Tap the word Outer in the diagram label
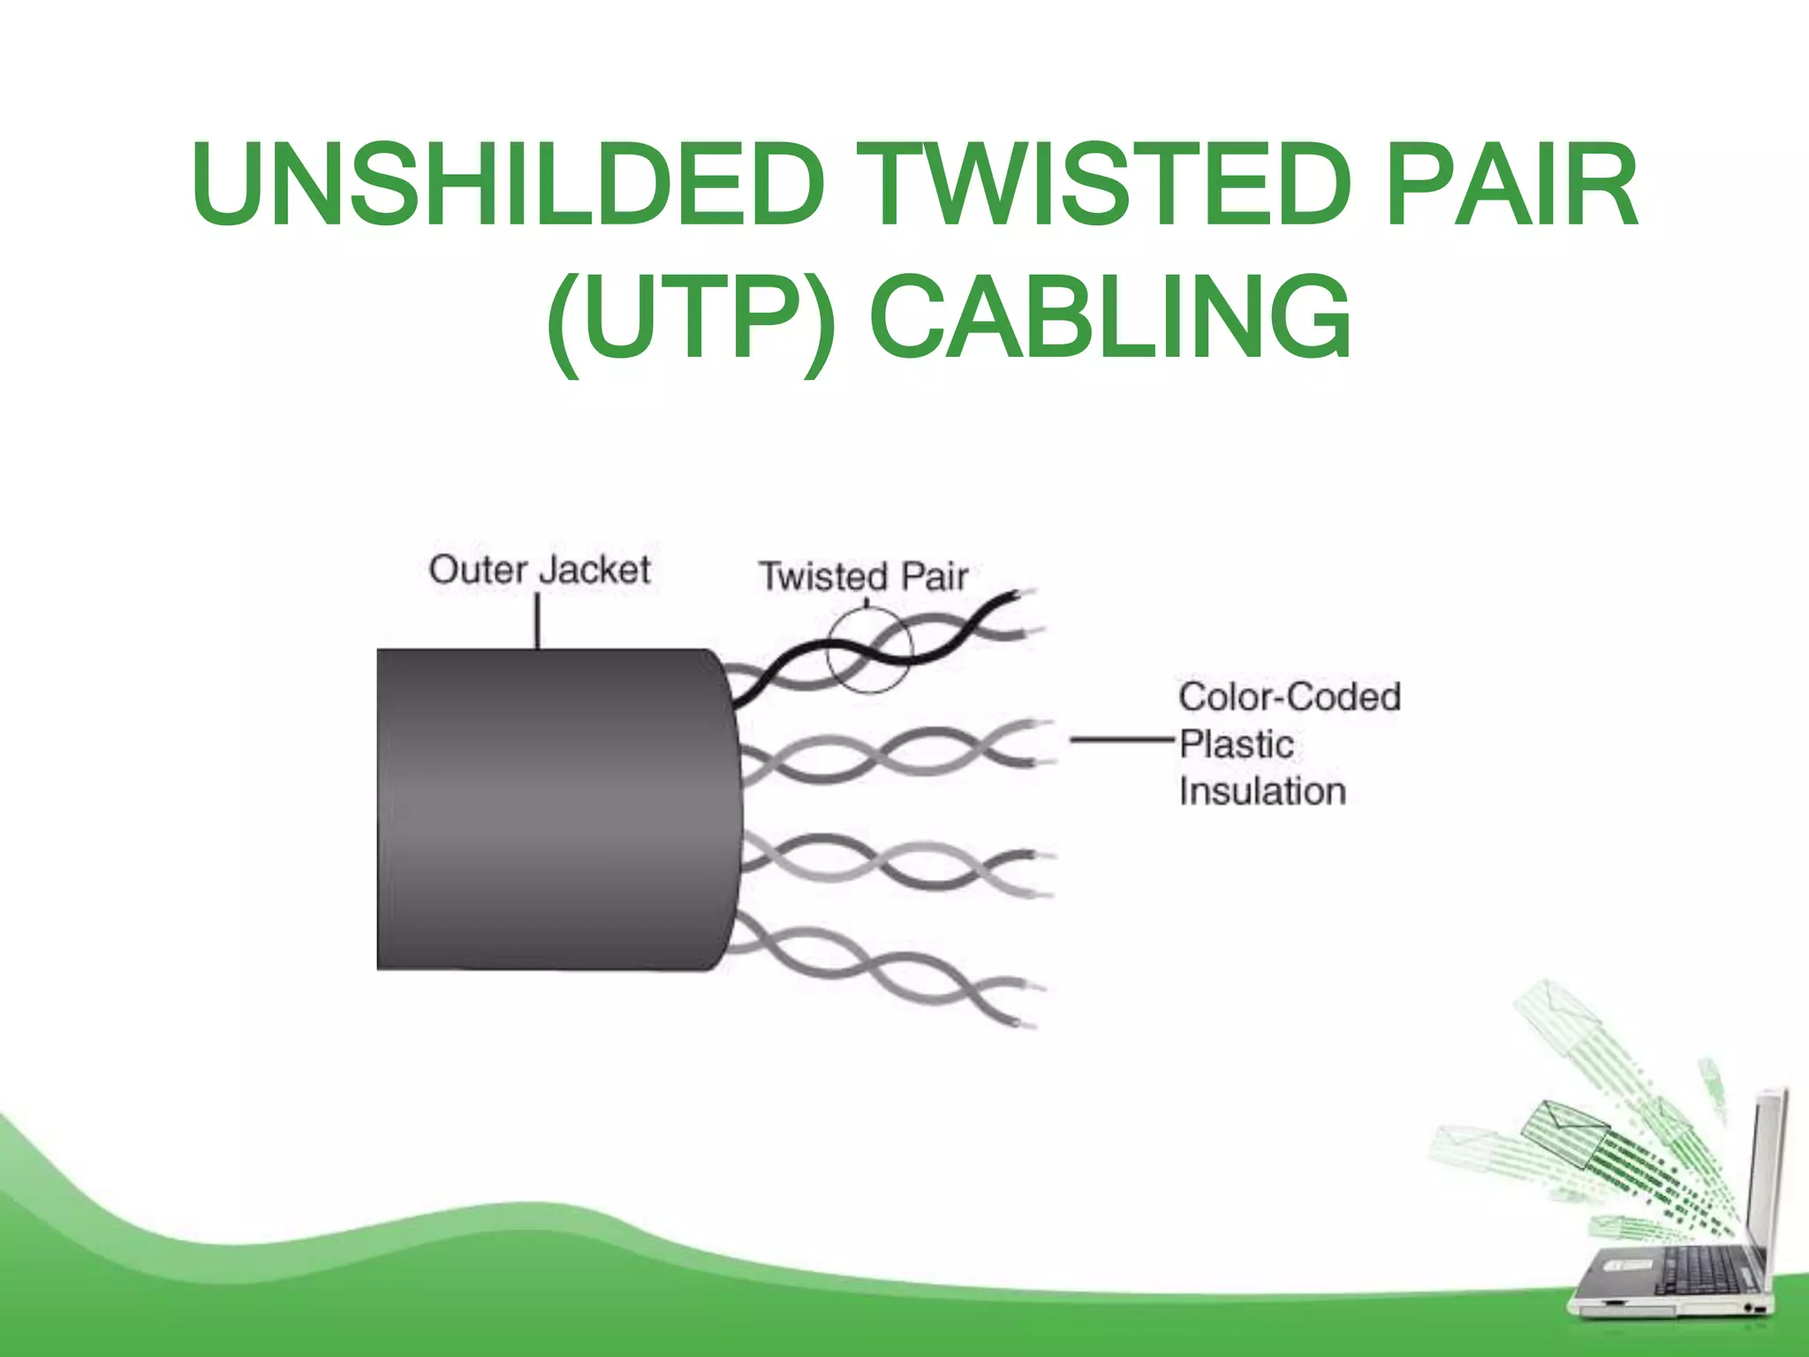(478, 570)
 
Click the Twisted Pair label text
(863, 577)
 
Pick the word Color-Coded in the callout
(1289, 697)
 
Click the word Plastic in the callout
(1237, 744)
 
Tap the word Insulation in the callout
(1262, 792)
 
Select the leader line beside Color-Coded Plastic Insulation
(1122, 739)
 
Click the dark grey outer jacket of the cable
(556, 808)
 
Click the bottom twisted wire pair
(883, 972)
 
